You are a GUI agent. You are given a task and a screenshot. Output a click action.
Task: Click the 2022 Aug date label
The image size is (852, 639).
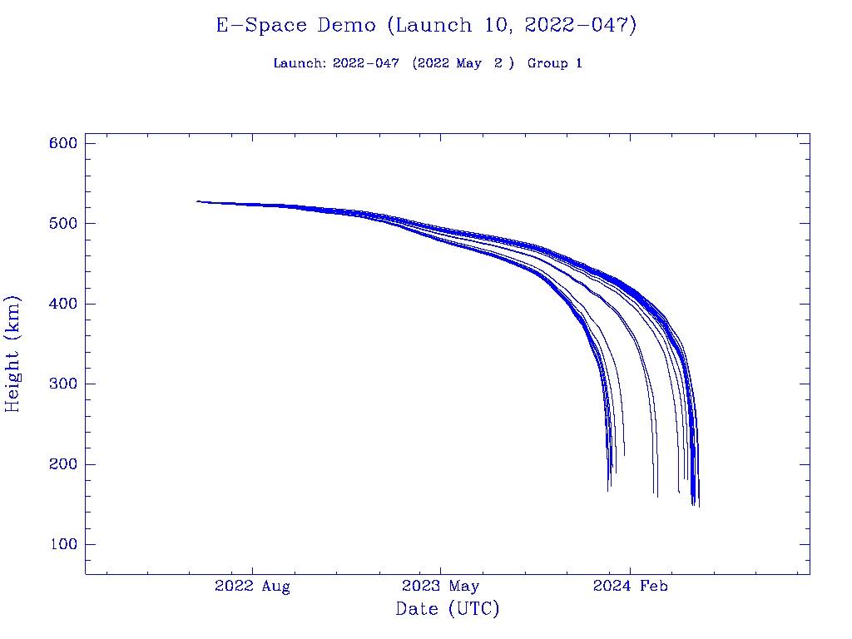pos(252,587)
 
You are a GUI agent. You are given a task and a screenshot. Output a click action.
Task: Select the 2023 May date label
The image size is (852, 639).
pos(441,587)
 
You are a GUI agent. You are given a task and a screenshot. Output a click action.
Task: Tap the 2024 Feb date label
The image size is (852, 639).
pos(630,587)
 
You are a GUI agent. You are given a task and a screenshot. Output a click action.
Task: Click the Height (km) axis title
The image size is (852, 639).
pos(13,354)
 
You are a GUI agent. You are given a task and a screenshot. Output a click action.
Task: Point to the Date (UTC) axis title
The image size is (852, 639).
pos(448,610)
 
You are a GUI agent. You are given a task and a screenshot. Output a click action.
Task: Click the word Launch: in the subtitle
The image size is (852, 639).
pos(300,63)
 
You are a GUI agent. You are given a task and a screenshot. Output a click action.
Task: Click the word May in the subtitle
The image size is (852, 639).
pos(468,63)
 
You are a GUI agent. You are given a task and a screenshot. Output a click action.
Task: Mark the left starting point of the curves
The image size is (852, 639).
pos(198,201)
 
